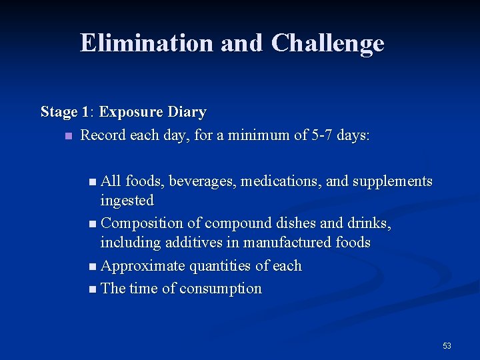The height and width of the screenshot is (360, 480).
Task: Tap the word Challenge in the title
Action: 327,43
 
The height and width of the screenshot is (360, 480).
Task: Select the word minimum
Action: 261,135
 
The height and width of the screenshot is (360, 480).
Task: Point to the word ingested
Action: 127,200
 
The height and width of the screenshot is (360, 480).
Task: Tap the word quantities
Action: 220,266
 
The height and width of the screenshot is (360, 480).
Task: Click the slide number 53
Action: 447,346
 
